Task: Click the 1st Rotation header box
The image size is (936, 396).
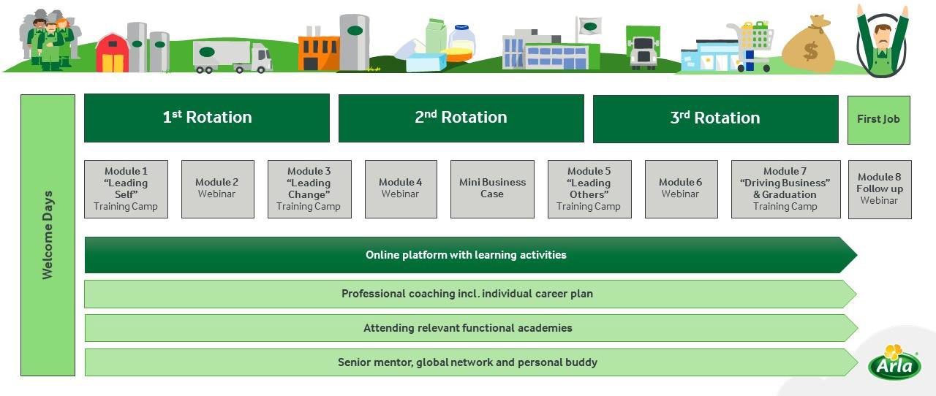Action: click(207, 118)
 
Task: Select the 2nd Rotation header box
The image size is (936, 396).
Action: click(461, 118)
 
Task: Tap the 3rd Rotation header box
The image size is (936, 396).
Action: click(715, 118)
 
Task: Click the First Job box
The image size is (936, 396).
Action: click(878, 119)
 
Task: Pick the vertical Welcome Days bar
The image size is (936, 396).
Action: click(48, 235)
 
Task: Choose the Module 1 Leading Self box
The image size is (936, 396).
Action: click(126, 189)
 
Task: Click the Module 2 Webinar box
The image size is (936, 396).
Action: click(217, 189)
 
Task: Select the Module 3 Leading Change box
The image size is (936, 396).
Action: click(309, 189)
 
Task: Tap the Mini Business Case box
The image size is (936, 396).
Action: click(492, 189)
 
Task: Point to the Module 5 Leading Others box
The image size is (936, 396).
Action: click(589, 189)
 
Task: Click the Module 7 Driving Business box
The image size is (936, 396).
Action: click(785, 189)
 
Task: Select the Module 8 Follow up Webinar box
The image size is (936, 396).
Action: click(880, 189)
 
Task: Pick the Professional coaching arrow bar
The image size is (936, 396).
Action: click(468, 294)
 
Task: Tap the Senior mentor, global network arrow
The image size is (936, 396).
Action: click(468, 362)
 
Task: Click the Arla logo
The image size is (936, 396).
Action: click(894, 363)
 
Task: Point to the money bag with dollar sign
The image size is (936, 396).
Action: click(809, 46)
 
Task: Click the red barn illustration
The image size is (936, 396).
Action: click(112, 53)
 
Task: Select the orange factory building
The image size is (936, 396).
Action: click(318, 50)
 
